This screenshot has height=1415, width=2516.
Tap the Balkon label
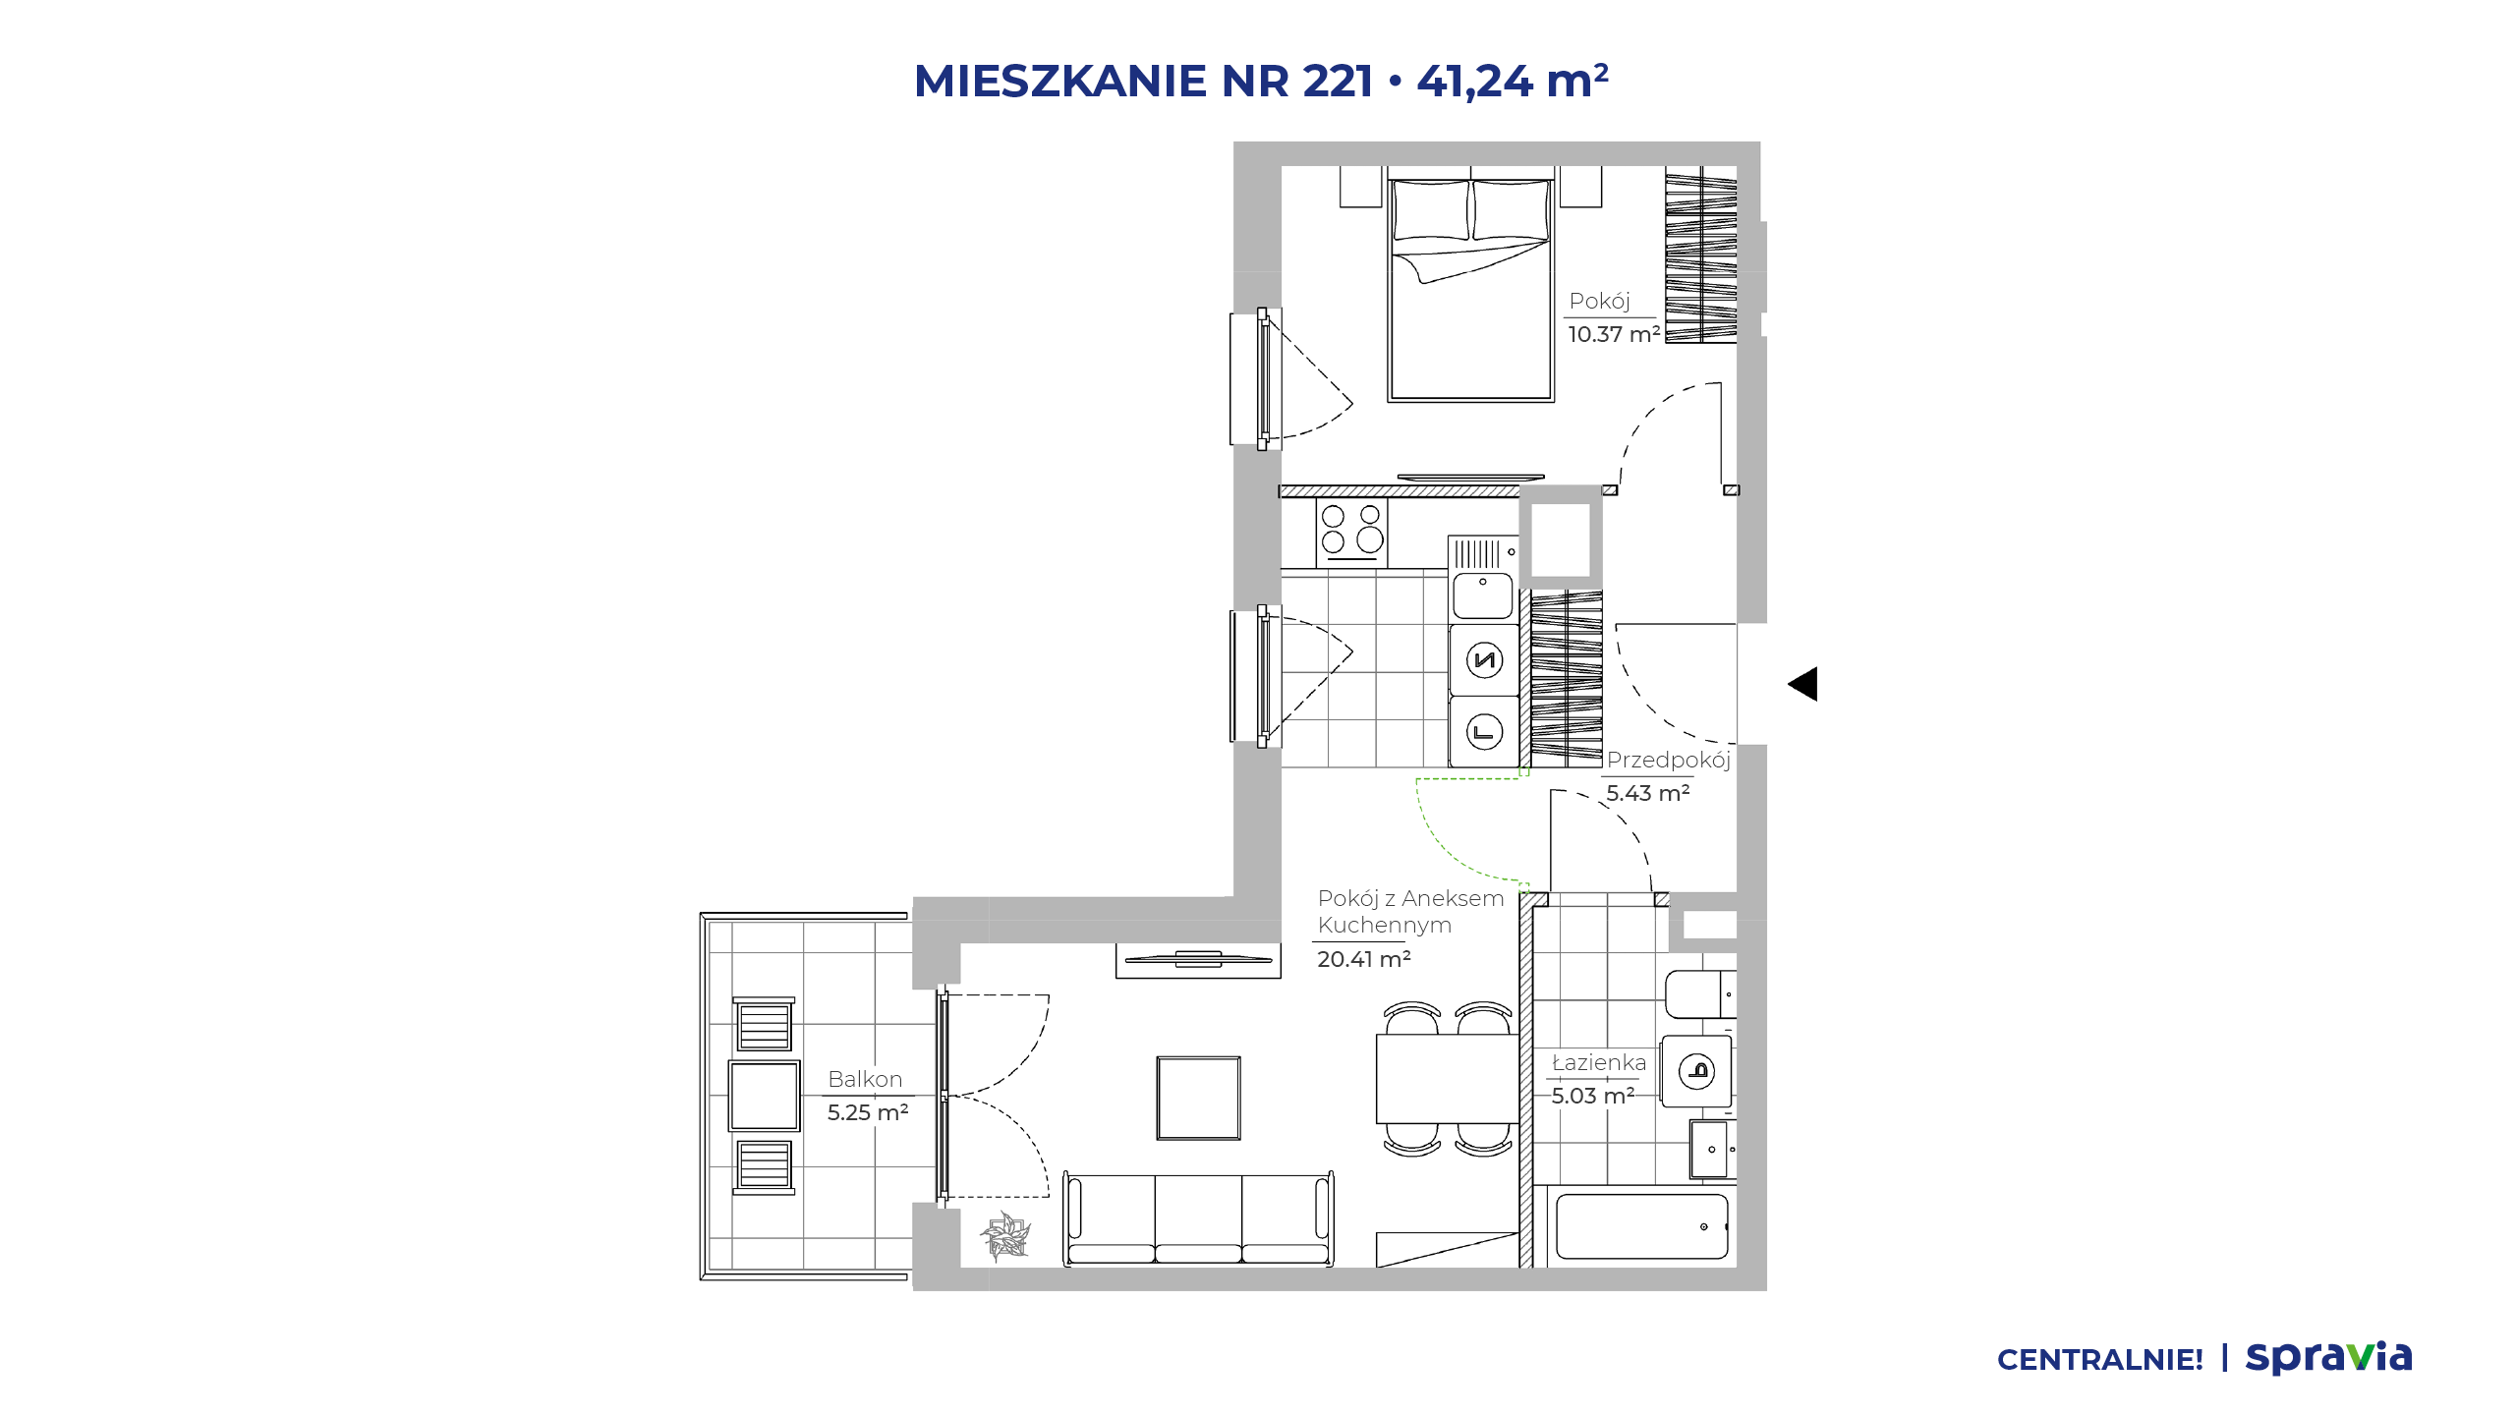pyautogui.click(x=865, y=1079)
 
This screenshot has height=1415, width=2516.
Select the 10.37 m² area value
pyautogui.click(x=1614, y=334)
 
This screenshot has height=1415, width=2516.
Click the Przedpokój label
pyautogui.click(x=1668, y=760)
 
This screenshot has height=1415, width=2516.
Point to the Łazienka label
pyautogui.click(x=1598, y=1062)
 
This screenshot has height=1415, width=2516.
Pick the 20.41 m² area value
pyautogui.click(x=1364, y=959)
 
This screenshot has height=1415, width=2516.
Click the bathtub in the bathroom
pyautogui.click(x=1641, y=1226)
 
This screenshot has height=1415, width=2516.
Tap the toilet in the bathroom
pyautogui.click(x=1700, y=994)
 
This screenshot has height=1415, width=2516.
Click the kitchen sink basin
pyautogui.click(x=1483, y=595)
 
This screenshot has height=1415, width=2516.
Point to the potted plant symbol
pyautogui.click(x=1005, y=1236)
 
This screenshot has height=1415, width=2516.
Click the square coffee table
pyautogui.click(x=1198, y=1098)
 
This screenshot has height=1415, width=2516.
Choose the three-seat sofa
pyautogui.click(x=1198, y=1218)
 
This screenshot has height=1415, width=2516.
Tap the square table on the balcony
pyautogui.click(x=764, y=1096)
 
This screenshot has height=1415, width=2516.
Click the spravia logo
pyautogui.click(x=2328, y=1357)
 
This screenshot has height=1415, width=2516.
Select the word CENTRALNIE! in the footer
pyautogui.click(x=2100, y=1360)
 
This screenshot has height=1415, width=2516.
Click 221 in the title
pyautogui.click(x=1338, y=81)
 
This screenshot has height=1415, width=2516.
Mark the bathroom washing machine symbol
pyautogui.click(x=1696, y=1070)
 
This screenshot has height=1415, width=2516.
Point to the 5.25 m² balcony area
pyautogui.click(x=868, y=1112)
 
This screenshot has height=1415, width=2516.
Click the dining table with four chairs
pyautogui.click(x=1447, y=1079)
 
